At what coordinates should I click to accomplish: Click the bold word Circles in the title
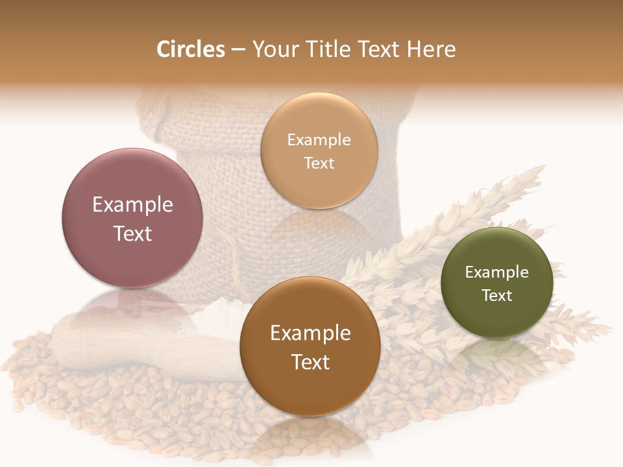click(190, 49)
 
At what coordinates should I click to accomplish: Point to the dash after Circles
click(238, 50)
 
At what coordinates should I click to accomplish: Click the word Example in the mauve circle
click(132, 204)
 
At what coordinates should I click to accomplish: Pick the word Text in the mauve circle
click(132, 233)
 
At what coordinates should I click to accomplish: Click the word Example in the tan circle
click(319, 139)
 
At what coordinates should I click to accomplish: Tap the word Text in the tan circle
click(319, 163)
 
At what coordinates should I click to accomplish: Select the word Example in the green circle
click(496, 272)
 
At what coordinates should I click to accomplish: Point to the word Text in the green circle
click(496, 295)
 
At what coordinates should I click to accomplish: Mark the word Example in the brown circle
click(310, 333)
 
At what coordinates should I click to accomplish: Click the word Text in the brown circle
click(310, 362)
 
